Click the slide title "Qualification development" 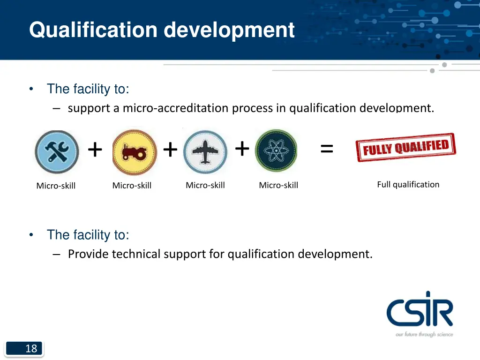coord(162,30)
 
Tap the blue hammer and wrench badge coord(57,152)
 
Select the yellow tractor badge coord(135,152)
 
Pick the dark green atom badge coord(276,151)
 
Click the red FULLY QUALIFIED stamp coord(405,148)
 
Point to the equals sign coord(327,150)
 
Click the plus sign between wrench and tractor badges coord(95,150)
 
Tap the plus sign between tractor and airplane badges coord(170,150)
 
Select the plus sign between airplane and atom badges coord(242,149)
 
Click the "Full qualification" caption coord(408,185)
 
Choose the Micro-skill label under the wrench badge coord(56,186)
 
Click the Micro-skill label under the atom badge coord(278,186)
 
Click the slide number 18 coord(31,348)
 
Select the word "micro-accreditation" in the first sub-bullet coord(176,108)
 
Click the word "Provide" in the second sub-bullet coord(88,254)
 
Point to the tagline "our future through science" coord(424,334)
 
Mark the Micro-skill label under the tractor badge coord(132,186)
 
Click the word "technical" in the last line coord(136,254)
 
